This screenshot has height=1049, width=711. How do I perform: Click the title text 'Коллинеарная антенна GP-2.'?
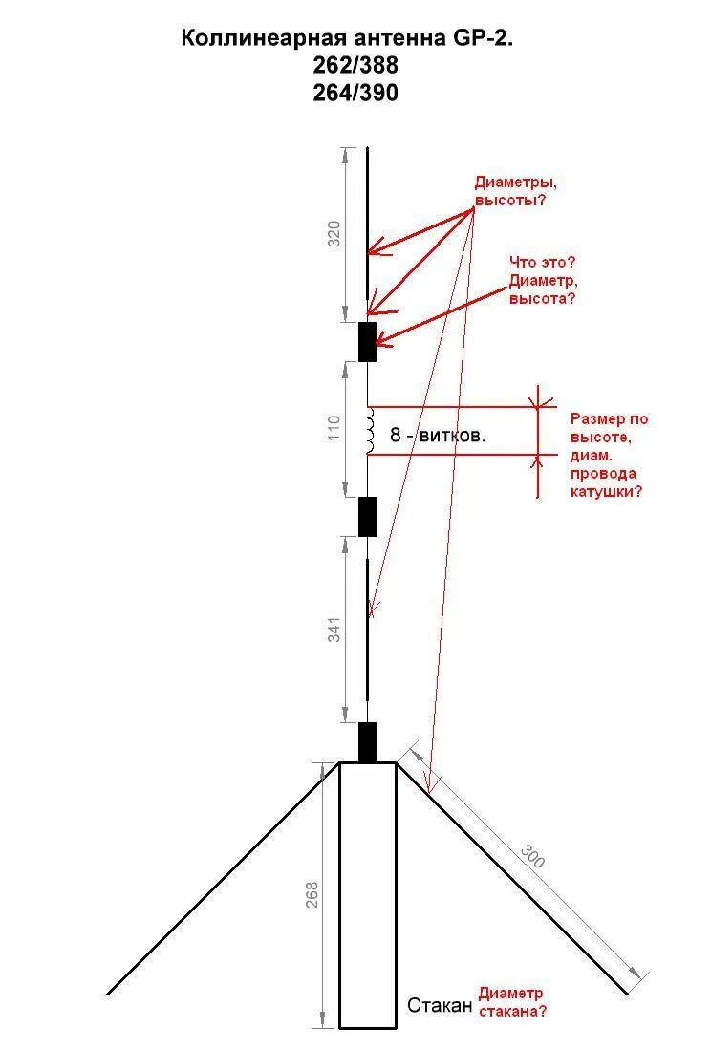[x=355, y=39]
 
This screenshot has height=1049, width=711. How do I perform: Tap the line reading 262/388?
[x=355, y=66]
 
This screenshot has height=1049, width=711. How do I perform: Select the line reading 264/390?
[x=355, y=93]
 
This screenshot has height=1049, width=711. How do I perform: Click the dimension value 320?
[x=334, y=234]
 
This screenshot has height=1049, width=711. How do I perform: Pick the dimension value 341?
[x=334, y=630]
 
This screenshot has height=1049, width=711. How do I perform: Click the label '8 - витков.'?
[x=437, y=435]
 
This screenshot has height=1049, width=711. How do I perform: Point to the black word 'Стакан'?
[x=440, y=1005]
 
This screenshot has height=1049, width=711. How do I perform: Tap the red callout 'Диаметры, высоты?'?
[x=514, y=191]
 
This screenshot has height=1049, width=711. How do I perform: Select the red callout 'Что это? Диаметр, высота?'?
[x=542, y=280]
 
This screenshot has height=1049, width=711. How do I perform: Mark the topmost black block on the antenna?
[x=367, y=341]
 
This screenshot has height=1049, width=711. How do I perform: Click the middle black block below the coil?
[x=367, y=516]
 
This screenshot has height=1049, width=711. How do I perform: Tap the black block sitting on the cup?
[x=367, y=742]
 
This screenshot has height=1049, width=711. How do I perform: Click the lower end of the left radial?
[x=109, y=994]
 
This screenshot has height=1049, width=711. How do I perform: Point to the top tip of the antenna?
[x=367, y=149]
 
